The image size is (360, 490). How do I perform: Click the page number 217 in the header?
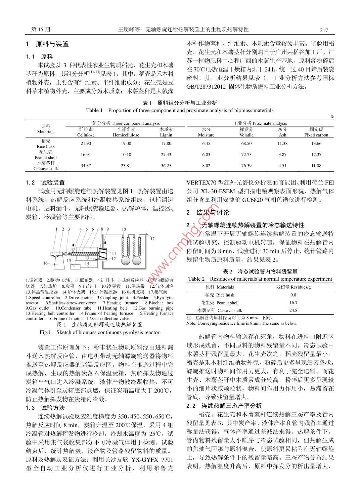pyautogui.click(x=323, y=30)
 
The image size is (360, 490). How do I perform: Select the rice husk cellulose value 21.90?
pyautogui.click(x=86, y=144)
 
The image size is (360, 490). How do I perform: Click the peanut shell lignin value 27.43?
pyautogui.click(x=166, y=155)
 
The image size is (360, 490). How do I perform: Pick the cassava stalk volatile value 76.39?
pyautogui.click(x=246, y=166)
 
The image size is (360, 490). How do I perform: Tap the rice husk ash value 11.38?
pyautogui.click(x=282, y=144)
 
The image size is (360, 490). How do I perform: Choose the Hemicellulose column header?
pyautogui.click(x=126, y=135)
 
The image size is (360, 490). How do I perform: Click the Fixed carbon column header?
pyautogui.click(x=316, y=135)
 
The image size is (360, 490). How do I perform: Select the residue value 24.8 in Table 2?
pyautogui.click(x=293, y=311)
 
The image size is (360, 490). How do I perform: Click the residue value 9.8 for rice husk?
pyautogui.click(x=293, y=295)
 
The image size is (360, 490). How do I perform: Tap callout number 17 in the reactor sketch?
pyautogui.click(x=152, y=239)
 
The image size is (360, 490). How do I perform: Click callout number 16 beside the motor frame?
pyautogui.click(x=45, y=263)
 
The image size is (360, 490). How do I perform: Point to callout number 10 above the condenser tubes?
pyautogui.click(x=124, y=229)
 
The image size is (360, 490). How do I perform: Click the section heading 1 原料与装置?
pyautogui.click(x=47, y=44)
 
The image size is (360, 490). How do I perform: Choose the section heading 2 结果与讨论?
pyautogui.click(x=208, y=212)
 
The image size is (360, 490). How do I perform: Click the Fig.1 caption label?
pyautogui.click(x=45, y=332)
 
